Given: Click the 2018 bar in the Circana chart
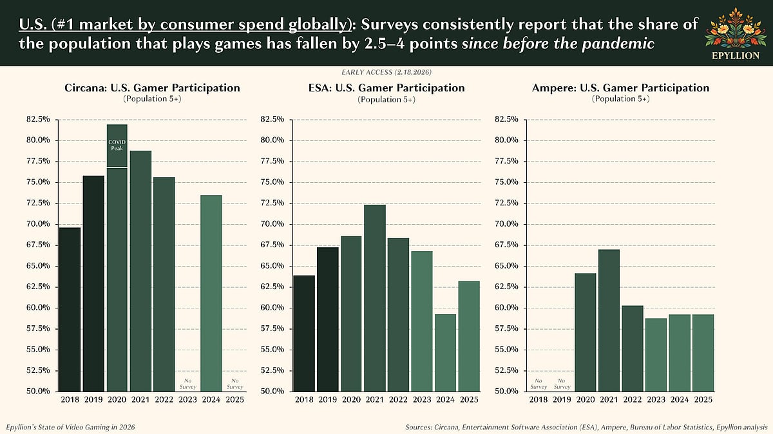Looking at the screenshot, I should (70, 309).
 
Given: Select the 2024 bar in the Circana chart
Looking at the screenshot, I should (211, 293).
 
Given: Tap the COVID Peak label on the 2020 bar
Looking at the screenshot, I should (117, 145).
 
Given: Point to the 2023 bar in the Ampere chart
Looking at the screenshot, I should (656, 354).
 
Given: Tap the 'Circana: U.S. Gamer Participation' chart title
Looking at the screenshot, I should (152, 88).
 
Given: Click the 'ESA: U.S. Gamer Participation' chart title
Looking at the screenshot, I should (386, 88).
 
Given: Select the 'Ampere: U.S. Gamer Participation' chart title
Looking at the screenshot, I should (620, 88).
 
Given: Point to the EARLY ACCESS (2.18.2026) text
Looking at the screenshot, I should (386, 71).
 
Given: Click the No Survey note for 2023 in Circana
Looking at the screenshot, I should (187, 384).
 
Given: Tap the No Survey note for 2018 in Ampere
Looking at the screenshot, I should (539, 384).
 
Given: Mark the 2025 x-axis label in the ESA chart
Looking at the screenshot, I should (468, 400).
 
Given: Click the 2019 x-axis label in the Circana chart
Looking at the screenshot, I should (93, 400).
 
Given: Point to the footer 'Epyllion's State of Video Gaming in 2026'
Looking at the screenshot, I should (71, 427).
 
